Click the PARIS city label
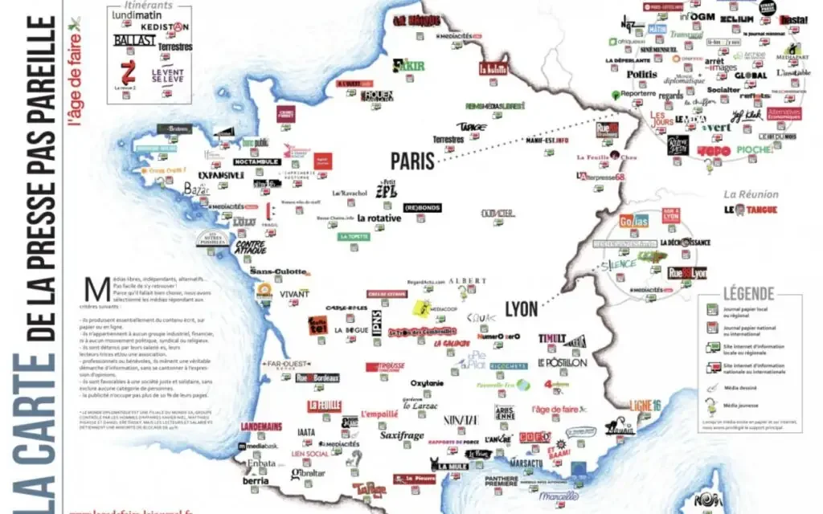pos(412,160)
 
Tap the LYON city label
pos(522,308)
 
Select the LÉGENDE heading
pos(748,294)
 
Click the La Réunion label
pos(751,194)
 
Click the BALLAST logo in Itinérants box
pos(135,39)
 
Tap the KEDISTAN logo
pos(164,27)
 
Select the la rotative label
pos(379,218)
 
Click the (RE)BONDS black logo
pos(422,208)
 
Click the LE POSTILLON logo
pos(563,362)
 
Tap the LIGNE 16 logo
pos(645,406)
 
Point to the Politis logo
pos(642,75)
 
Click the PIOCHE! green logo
pos(754,150)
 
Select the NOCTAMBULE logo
pos(257,161)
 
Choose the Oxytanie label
pos(427,383)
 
